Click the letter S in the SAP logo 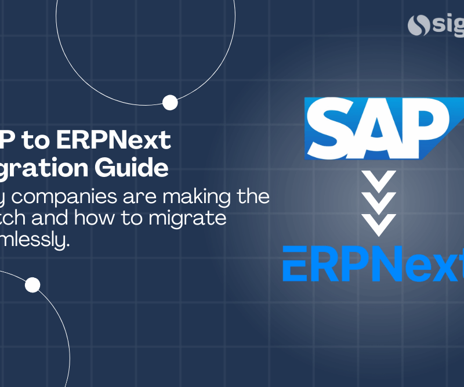point(332,124)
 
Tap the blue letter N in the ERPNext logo point(372,263)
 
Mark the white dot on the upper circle point(170,103)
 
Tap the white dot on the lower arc point(33,285)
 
